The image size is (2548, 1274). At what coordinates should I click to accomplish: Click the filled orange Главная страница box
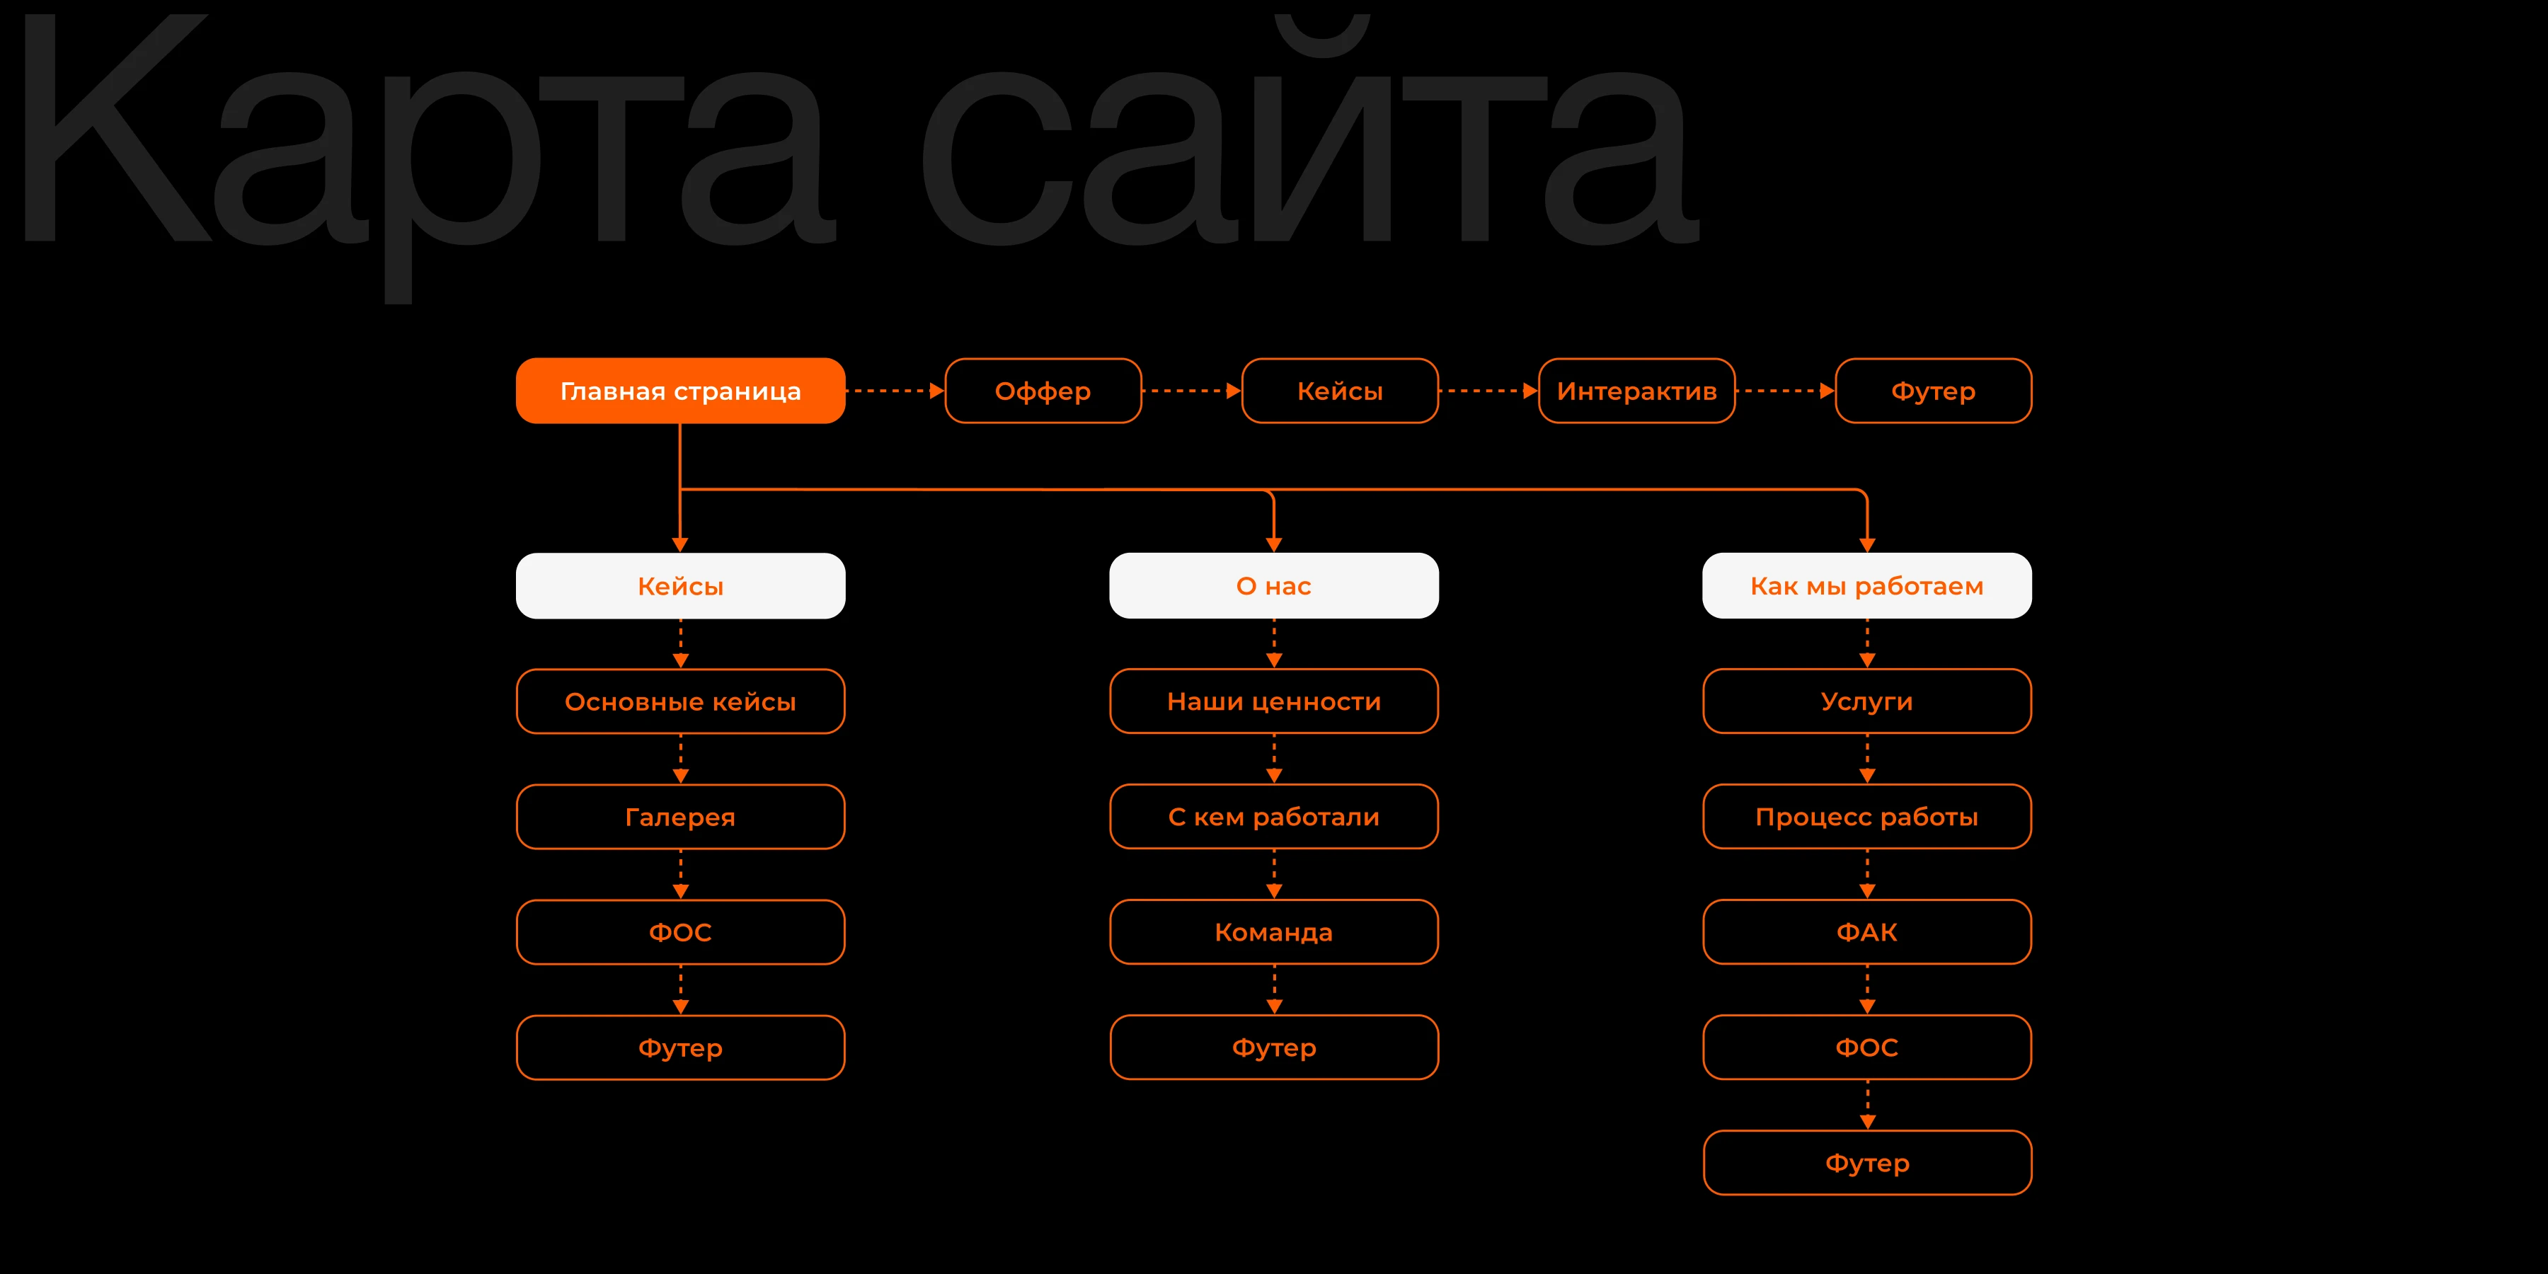(680, 391)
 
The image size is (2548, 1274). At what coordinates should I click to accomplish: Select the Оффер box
(1043, 391)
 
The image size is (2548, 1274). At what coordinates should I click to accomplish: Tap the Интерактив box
(1636, 391)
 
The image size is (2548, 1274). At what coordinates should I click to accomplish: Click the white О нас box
(1273, 585)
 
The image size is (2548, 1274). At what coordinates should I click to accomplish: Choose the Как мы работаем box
(1866, 585)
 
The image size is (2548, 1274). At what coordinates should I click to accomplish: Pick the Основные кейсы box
(680, 701)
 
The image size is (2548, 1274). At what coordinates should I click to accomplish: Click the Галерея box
(680, 817)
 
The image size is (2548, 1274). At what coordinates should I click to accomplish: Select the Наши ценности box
(1273, 701)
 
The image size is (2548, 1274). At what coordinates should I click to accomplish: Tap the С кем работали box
(1273, 817)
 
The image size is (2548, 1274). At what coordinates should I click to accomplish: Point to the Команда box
(1273, 931)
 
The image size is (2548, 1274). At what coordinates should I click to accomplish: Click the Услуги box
(1866, 701)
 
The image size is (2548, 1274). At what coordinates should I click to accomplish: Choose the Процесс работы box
(1866, 817)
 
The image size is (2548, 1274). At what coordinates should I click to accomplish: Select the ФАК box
(1866, 931)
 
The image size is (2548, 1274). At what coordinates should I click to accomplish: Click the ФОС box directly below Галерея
(680, 931)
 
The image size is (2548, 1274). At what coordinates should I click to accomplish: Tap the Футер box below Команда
(1273, 1048)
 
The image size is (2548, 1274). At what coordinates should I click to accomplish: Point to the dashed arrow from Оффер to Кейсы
(1191, 391)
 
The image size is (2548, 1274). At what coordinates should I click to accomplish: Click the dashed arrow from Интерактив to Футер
(1784, 391)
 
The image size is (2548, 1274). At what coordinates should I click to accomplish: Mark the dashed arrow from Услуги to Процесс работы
(1866, 759)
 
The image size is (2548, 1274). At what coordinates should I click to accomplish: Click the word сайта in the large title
(1306, 149)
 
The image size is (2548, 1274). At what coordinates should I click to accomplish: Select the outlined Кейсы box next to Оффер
(1339, 391)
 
